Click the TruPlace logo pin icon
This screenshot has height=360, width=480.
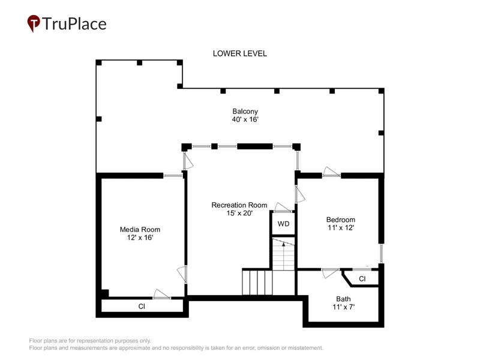(34, 23)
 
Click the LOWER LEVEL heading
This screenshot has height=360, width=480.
(239, 53)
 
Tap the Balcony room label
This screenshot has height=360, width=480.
(245, 111)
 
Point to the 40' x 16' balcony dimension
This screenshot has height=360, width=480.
(245, 119)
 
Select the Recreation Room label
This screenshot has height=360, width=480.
(239, 205)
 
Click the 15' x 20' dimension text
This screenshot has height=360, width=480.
(239, 213)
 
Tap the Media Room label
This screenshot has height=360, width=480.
(140, 230)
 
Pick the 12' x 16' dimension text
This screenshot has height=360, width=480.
(140, 238)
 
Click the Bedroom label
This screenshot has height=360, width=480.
(341, 220)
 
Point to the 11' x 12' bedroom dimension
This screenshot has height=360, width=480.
(341, 228)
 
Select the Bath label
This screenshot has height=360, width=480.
(343, 299)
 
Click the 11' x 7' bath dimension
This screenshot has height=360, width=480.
(343, 307)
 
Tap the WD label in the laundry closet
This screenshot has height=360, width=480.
(283, 224)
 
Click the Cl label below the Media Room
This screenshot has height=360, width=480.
(142, 307)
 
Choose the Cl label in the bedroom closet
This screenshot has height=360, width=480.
(362, 279)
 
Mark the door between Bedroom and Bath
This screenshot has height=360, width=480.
(331, 273)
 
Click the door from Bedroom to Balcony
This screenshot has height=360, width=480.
(332, 172)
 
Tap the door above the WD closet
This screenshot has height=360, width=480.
(283, 207)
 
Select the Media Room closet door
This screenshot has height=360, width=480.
(161, 294)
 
